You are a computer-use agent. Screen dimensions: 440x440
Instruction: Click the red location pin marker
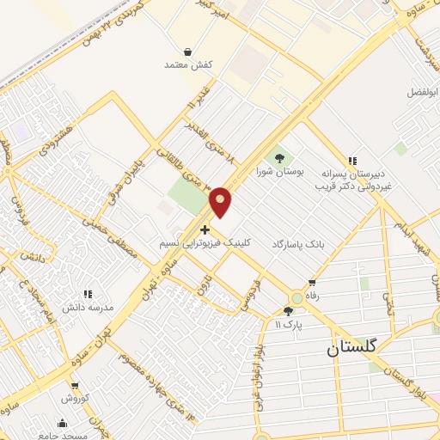pyautogui.click(x=221, y=201)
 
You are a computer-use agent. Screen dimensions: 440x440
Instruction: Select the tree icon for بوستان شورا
pyautogui.click(x=278, y=157)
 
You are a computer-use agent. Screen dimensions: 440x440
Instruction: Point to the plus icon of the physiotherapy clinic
pyautogui.click(x=204, y=229)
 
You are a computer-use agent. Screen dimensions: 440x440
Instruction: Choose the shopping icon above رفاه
pyautogui.click(x=311, y=283)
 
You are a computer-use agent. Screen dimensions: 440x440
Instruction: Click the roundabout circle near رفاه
pyautogui.click(x=297, y=298)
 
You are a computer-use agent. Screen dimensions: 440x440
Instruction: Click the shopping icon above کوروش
pyautogui.click(x=76, y=386)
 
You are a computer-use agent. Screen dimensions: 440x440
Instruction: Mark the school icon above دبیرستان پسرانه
pyautogui.click(x=351, y=160)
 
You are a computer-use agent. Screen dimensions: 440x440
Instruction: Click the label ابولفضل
pyautogui.click(x=422, y=90)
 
